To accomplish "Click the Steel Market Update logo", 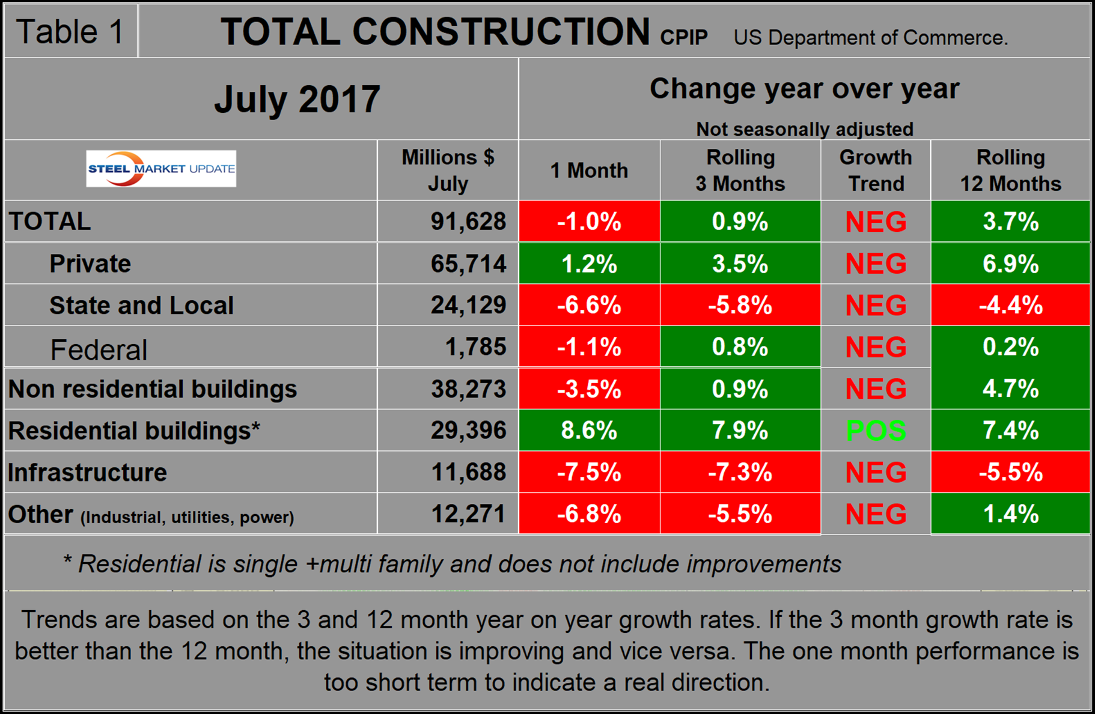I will coord(161,169).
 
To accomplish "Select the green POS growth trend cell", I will coord(876,431).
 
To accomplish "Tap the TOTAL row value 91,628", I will coord(468,222).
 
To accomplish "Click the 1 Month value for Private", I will coord(589,264).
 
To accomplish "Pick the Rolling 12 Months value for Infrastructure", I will coord(1010,473).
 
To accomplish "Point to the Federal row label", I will coord(99,349).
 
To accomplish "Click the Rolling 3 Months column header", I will coord(740,171).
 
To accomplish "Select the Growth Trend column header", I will coord(876,171).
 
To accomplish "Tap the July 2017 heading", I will coord(297,99).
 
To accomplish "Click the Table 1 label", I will coord(70,31).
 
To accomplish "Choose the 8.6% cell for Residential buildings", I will coord(589,431).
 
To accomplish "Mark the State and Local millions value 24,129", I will coord(468,305).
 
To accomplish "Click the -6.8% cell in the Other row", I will coord(589,514).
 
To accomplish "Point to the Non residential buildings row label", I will coord(153,389).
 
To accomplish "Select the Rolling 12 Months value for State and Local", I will coord(1010,305).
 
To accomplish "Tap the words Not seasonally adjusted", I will coord(804,129).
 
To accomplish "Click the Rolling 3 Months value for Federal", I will coord(740,347).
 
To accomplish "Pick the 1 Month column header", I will coord(589,171).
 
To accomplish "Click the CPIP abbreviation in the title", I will coord(683,37).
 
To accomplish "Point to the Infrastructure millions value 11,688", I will coord(468,473).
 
